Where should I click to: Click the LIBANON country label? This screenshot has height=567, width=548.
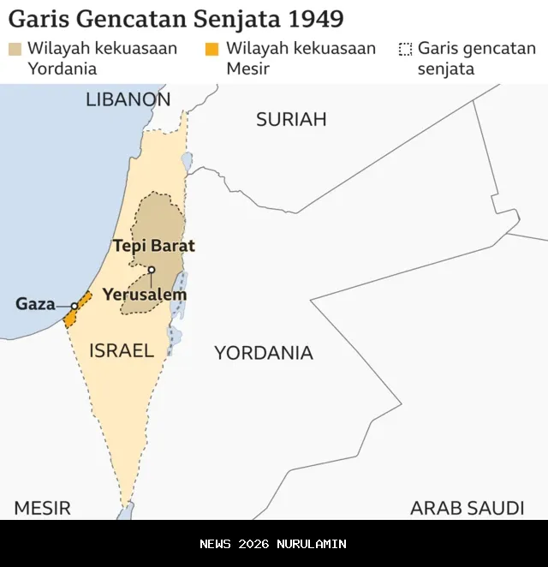coord(128,99)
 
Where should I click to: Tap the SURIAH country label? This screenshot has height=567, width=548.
coord(291,119)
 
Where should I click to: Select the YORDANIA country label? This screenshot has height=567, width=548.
coord(264,352)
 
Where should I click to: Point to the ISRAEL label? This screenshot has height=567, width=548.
coord(122,349)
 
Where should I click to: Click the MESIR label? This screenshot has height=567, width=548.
coord(42,507)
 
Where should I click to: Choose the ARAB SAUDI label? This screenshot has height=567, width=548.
coord(467,507)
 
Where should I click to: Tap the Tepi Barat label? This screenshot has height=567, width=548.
coord(154,246)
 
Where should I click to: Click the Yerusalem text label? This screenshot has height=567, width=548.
coord(145,295)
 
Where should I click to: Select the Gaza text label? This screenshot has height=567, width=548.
coord(35,304)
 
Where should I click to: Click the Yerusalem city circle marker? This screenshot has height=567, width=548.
coord(152,270)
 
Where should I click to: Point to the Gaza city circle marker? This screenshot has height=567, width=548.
coord(74,306)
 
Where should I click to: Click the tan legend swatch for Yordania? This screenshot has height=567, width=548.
coord(15,49)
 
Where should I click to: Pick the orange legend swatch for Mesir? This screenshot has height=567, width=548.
coord(212,49)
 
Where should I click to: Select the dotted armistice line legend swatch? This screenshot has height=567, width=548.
coord(405,49)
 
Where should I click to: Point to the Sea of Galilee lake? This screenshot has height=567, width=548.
coord(187,161)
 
